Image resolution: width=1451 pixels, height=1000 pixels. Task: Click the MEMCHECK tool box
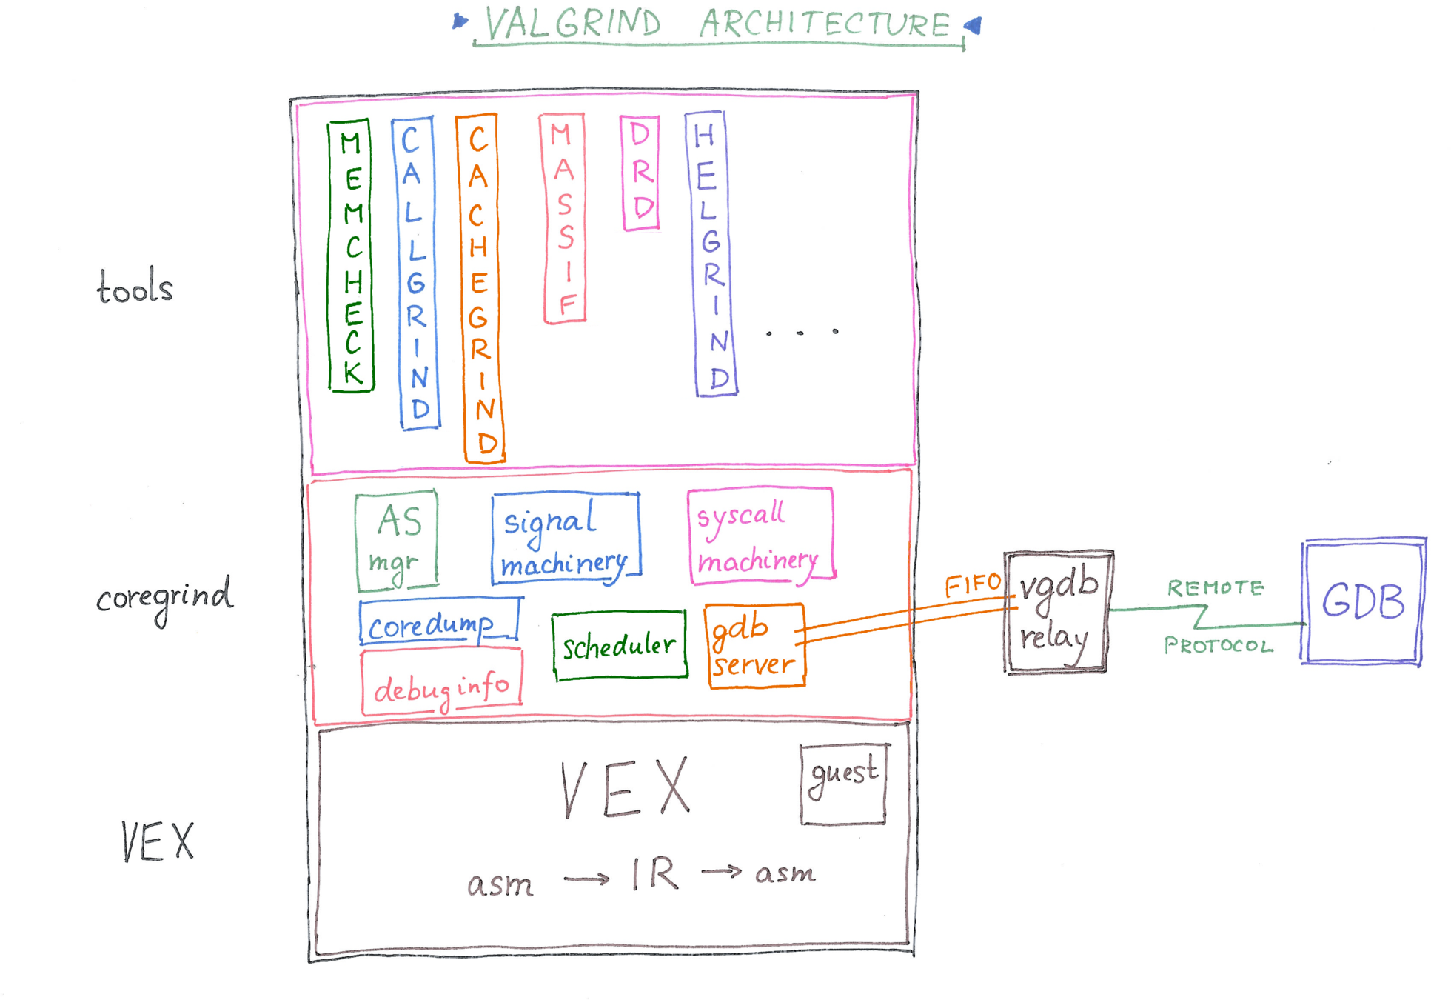pos(351,256)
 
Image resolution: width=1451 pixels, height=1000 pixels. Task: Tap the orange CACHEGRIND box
pos(482,289)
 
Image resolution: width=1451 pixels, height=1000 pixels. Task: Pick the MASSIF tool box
pos(564,219)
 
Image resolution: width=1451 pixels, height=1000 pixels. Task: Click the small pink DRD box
pos(640,173)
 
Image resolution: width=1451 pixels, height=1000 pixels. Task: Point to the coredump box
pos(440,621)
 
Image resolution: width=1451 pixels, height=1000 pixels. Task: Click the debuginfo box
pos(442,682)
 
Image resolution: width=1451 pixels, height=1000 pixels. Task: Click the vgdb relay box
pos(1057,612)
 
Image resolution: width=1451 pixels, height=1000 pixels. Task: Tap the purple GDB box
pos(1364,601)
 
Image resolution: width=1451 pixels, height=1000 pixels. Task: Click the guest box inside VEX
pos(844,784)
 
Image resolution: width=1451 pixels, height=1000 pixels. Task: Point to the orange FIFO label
pos(973,585)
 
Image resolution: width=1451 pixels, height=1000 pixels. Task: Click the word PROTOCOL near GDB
pos(1219,645)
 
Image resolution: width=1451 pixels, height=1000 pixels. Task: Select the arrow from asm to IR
pos(586,879)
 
